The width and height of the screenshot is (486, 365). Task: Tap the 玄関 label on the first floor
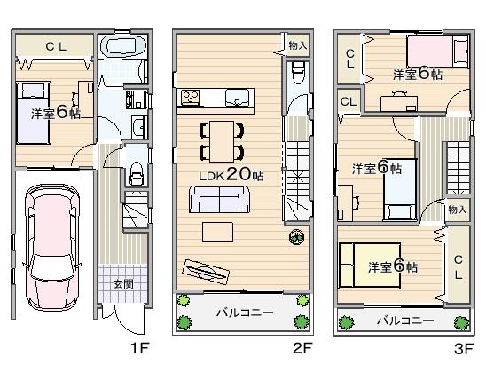(x=122, y=284)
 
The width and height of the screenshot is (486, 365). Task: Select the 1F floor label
(x=137, y=349)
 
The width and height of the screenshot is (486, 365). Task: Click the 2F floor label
(x=302, y=349)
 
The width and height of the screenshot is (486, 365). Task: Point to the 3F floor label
(x=463, y=349)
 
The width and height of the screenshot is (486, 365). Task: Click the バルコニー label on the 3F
(x=404, y=319)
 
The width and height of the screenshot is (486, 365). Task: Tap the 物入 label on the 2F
(x=297, y=44)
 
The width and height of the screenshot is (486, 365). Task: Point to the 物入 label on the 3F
(x=457, y=210)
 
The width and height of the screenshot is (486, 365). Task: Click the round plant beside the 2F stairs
(x=296, y=237)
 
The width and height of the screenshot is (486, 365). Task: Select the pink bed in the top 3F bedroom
(x=435, y=53)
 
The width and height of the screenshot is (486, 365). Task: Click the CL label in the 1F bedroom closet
(x=53, y=44)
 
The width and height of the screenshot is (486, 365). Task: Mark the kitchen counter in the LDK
(x=216, y=96)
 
